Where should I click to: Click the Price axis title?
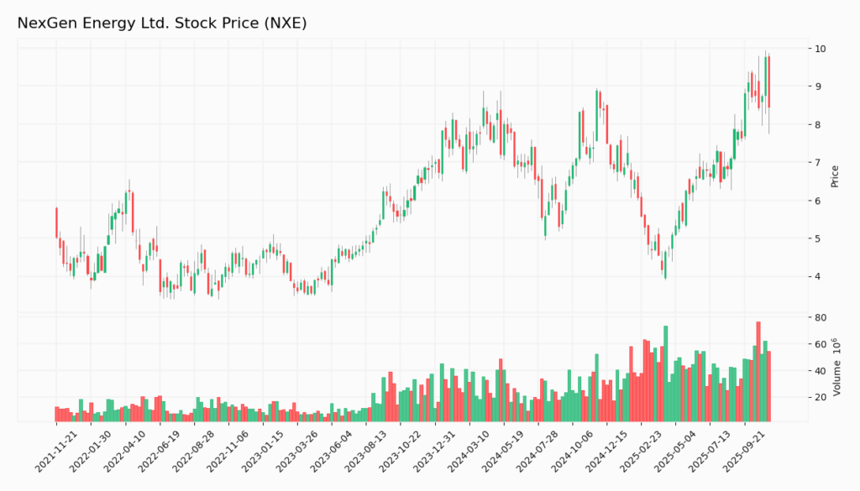tap(835, 175)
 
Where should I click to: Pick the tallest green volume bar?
tap(665, 373)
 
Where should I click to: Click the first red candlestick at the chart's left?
tap(57, 222)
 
